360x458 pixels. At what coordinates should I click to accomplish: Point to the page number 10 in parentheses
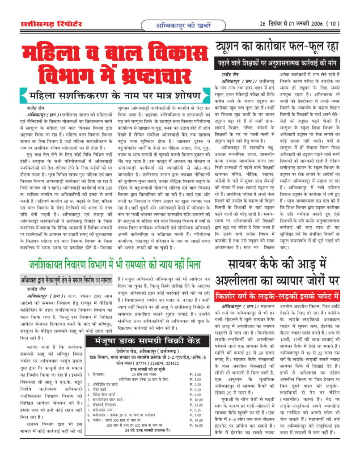click(333, 23)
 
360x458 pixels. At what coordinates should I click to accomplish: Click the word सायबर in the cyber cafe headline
click(250, 264)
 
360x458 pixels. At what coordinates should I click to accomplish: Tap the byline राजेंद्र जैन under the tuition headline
click(231, 74)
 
